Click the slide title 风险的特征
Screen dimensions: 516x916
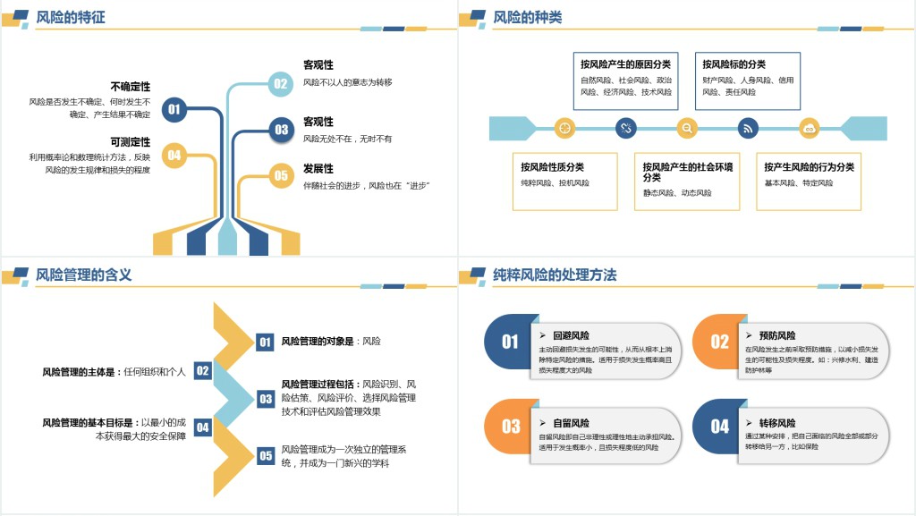pos(71,17)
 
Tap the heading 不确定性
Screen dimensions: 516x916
pos(130,87)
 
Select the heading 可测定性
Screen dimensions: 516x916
pos(130,142)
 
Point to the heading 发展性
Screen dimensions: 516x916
pos(318,168)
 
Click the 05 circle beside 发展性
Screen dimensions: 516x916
pos(281,175)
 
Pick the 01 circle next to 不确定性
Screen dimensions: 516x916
pos(174,109)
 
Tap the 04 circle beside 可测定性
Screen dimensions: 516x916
pos(174,155)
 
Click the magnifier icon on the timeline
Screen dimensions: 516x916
pos(687,128)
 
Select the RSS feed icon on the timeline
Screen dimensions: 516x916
pos(748,128)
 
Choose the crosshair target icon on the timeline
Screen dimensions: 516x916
pos(564,128)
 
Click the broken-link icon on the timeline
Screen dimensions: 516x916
pos(626,128)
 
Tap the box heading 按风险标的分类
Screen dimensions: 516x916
pos(734,64)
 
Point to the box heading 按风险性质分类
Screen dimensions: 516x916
pos(552,166)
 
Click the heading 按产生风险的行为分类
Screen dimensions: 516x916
pos(809,166)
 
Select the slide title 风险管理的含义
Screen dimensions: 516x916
pos(84,275)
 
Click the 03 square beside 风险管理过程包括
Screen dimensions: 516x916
pos(266,399)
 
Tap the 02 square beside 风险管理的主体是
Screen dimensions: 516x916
pos(203,370)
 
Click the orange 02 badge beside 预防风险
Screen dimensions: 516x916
pos(719,342)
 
